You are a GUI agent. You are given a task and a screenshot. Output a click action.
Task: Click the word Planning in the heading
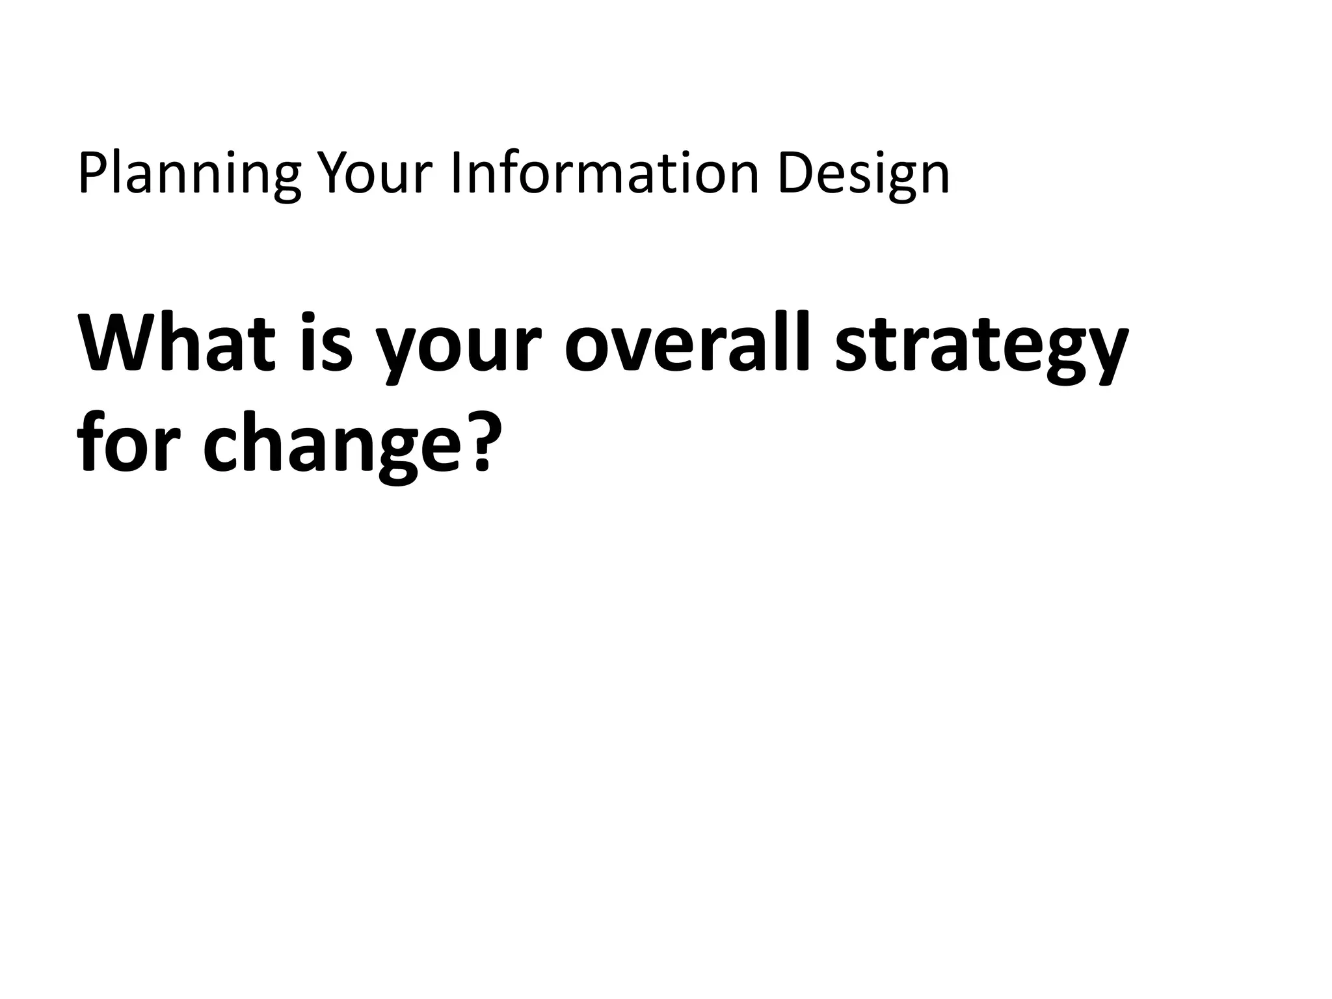[x=189, y=174]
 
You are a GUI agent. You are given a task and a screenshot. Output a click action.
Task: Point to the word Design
[x=863, y=174]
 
